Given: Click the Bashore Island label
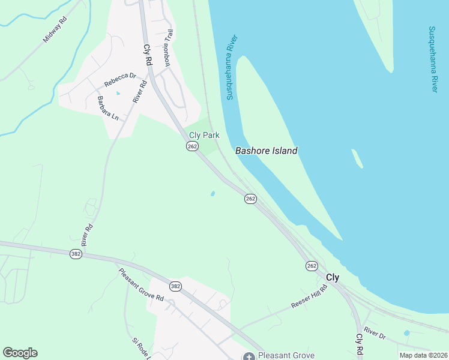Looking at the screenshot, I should click(x=266, y=151).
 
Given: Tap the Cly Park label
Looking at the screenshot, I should click(x=204, y=136).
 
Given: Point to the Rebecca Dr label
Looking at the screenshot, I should click(x=120, y=80).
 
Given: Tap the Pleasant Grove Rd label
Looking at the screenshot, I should click(x=141, y=284).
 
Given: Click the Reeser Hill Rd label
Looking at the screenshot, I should click(x=309, y=297).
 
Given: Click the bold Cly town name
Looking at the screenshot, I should click(x=333, y=278).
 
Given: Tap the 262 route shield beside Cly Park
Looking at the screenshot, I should click(x=192, y=147).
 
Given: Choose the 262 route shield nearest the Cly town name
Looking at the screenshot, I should click(x=311, y=266).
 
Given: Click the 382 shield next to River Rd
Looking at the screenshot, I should click(x=75, y=254).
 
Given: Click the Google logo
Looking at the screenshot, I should click(x=20, y=353).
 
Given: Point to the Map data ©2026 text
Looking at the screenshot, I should click(x=423, y=355).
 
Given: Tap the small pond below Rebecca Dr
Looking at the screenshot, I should click(x=118, y=94).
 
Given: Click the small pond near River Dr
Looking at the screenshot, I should click(x=407, y=333).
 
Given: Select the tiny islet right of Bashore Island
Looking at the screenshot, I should click(x=357, y=158).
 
